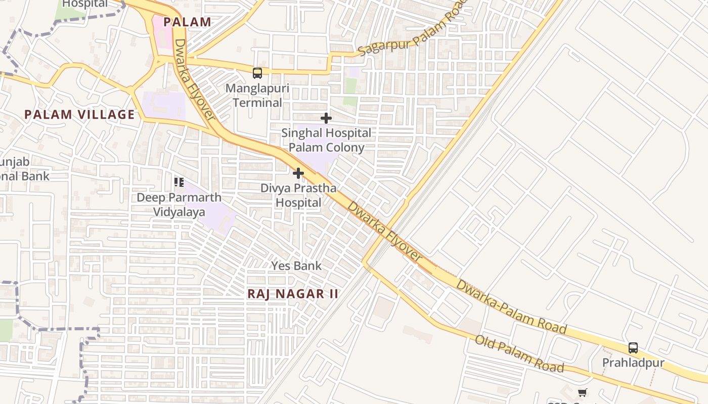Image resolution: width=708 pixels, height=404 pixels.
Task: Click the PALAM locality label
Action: coord(187,22)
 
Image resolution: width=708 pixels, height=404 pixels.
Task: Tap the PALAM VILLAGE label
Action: coord(80,115)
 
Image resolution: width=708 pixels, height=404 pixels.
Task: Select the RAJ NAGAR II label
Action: coord(293,294)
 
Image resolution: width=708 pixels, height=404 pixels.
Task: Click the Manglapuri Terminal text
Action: coord(257,95)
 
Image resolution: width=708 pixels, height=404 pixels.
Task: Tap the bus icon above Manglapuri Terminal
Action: coord(257,73)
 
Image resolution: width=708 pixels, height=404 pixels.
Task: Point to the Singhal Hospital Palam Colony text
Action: coord(326,140)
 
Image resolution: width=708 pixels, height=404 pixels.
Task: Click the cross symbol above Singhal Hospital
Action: coord(326,118)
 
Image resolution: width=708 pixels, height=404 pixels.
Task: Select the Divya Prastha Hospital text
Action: coord(298,195)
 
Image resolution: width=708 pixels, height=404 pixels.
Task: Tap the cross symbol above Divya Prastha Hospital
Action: coord(298,173)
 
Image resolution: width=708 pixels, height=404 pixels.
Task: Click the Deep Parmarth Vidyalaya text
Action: coord(179,205)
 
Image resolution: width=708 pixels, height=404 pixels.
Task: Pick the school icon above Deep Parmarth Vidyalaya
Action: coord(179,182)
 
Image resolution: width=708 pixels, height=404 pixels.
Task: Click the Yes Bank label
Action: coord(296,266)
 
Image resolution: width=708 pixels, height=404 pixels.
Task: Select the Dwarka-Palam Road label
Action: coord(511,306)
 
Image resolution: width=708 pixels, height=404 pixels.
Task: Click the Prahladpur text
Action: coord(633,363)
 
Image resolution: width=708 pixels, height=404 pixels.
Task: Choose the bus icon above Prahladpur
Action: coord(633,347)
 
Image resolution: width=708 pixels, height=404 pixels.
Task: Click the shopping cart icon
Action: coord(583,392)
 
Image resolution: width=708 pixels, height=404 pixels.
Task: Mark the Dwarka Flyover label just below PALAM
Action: coord(195,81)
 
